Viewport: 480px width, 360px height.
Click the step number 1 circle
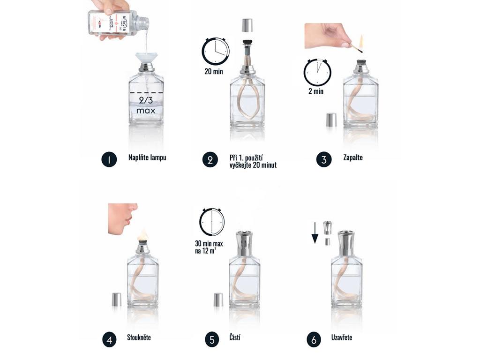(x=109, y=159)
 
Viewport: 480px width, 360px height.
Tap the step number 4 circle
(x=109, y=339)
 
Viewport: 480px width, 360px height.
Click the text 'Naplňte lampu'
(x=147, y=157)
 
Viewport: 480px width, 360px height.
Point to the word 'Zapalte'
(x=353, y=157)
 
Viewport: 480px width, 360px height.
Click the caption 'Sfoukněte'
(x=139, y=337)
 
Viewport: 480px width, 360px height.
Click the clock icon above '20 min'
(x=216, y=51)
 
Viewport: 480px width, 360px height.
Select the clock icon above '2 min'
(x=317, y=72)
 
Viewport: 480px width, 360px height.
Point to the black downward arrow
(x=315, y=233)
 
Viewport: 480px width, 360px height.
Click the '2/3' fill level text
(x=146, y=100)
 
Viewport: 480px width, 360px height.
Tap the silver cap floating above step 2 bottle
(x=247, y=25)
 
